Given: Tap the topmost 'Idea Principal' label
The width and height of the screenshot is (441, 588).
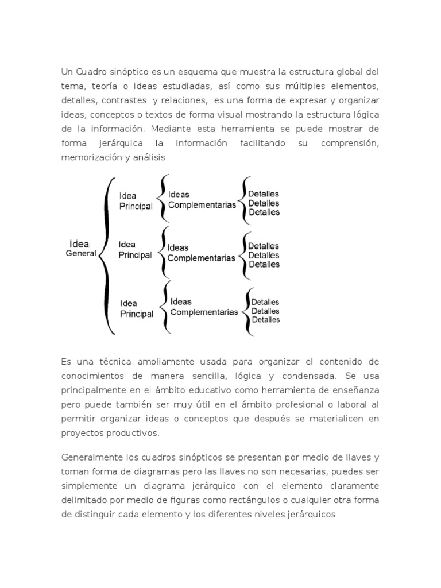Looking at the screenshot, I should point(136,201).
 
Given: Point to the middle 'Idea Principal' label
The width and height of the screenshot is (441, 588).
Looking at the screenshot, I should point(135,250).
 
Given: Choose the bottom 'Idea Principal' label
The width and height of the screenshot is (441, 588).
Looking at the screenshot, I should point(136,309).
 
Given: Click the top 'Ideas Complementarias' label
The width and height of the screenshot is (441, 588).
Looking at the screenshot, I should point(202,200).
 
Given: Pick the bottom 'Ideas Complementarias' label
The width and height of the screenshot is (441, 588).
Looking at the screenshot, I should point(203,307).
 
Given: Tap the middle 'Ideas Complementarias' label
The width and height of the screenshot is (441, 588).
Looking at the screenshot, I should point(201,253).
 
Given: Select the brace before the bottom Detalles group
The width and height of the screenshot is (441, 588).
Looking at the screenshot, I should point(246,311).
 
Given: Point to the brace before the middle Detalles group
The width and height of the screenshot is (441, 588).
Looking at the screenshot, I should point(244,254).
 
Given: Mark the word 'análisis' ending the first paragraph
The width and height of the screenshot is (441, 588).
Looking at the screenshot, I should point(149,157).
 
